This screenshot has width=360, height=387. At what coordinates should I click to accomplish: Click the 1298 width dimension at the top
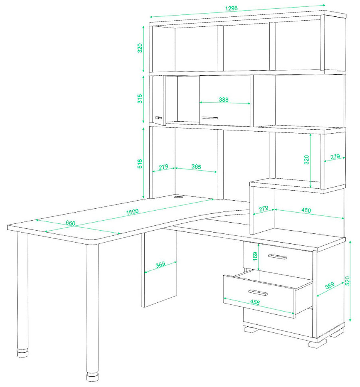(x=231, y=8)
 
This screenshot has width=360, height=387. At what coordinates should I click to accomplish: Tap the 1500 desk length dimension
(x=132, y=212)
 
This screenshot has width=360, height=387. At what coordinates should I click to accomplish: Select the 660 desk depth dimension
(x=70, y=223)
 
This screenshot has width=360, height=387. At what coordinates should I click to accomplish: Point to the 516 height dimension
(x=140, y=164)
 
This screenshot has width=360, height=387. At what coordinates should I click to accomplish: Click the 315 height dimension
(x=140, y=99)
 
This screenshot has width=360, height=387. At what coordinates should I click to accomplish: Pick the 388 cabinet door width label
(x=224, y=100)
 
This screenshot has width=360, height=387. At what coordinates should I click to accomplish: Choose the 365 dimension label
(x=196, y=167)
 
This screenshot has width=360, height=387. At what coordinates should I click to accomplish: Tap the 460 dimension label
(x=306, y=210)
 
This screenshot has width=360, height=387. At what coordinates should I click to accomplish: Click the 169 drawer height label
(x=255, y=256)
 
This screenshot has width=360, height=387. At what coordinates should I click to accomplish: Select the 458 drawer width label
(x=255, y=302)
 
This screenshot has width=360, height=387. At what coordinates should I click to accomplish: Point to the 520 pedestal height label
(x=347, y=281)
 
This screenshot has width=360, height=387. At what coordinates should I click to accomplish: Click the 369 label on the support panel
(x=160, y=265)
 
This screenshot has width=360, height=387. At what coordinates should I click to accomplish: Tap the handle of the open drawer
(x=258, y=293)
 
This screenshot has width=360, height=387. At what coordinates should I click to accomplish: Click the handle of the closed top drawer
(x=277, y=257)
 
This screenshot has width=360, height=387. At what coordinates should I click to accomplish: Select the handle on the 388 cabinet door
(x=210, y=118)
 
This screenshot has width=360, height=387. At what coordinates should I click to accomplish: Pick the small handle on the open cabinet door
(x=159, y=118)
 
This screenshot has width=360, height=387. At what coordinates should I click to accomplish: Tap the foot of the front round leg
(x=92, y=377)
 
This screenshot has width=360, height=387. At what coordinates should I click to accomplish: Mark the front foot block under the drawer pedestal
(x=317, y=344)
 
